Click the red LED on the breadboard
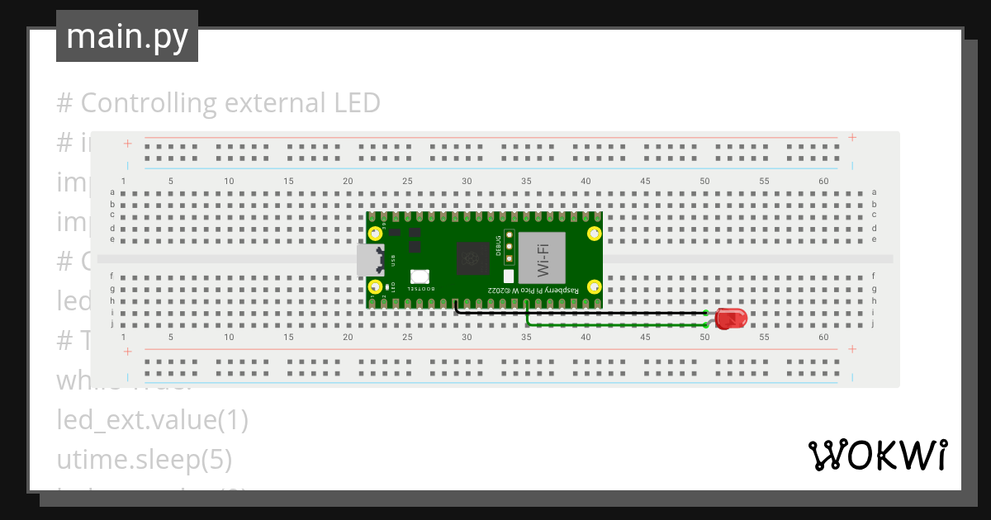click(730, 319)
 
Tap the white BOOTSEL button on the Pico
click(419, 278)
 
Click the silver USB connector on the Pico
click(369, 259)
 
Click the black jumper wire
click(578, 313)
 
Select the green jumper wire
click(615, 325)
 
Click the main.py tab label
click(127, 36)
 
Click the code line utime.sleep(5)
click(144, 459)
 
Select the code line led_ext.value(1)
click(152, 420)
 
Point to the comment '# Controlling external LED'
click(218, 103)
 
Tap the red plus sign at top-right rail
click(852, 137)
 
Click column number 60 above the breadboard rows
click(823, 181)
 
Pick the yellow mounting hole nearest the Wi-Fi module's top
click(593, 233)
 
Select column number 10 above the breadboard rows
click(229, 181)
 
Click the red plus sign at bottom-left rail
click(127, 352)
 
